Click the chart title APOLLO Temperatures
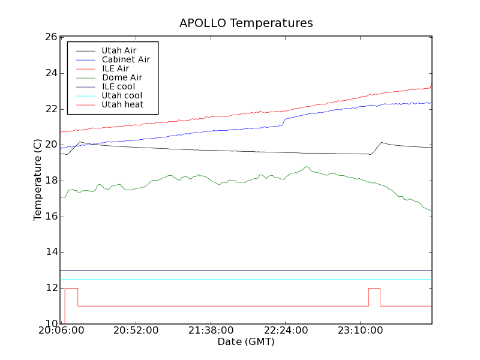[x=246, y=23]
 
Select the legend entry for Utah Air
[x=119, y=50]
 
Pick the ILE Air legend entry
[x=115, y=68]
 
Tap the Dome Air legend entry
[x=122, y=77]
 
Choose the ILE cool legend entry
[x=118, y=86]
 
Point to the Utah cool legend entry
[x=122, y=95]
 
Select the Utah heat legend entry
[x=122, y=104]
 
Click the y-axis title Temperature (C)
[x=38, y=180]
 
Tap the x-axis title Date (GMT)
[x=246, y=342]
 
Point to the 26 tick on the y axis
[x=51, y=37]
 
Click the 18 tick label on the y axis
[x=51, y=181]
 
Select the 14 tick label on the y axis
[x=51, y=252]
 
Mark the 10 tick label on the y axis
[x=51, y=324]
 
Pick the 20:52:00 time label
[x=136, y=331]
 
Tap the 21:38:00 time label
[x=210, y=331]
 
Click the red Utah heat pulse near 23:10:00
[x=374, y=289]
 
